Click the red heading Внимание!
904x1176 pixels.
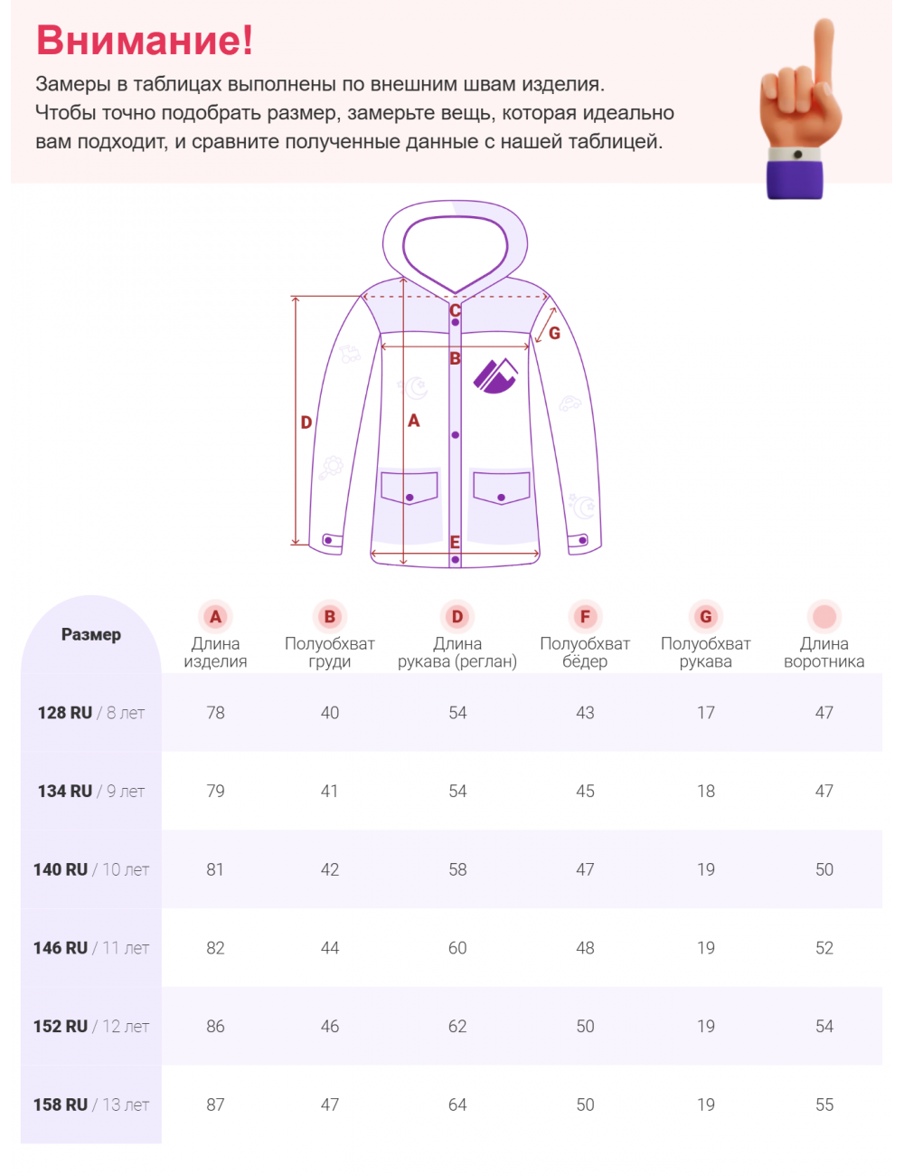tap(145, 41)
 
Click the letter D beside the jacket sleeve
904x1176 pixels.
tap(306, 422)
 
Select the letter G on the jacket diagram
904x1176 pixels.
tap(554, 333)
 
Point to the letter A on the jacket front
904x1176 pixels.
tap(414, 421)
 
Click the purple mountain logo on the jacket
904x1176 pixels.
tap(495, 375)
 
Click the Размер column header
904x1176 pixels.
tap(90, 634)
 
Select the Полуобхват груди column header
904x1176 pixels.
tap(330, 652)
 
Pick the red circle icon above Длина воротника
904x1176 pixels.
tap(824, 617)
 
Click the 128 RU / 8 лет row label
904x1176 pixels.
tap(90, 713)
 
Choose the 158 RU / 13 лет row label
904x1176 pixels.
tap(90, 1105)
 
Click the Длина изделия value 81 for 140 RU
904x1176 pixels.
tap(215, 869)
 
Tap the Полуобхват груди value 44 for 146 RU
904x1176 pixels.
tap(330, 948)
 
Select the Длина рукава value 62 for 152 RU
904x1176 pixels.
tap(457, 1027)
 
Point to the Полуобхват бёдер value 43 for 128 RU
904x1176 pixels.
tap(585, 713)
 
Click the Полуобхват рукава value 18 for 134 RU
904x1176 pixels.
tap(705, 792)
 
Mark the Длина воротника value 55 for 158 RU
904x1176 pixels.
tap(824, 1105)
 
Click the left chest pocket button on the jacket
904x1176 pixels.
tap(410, 498)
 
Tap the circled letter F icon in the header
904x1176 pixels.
tap(585, 617)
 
